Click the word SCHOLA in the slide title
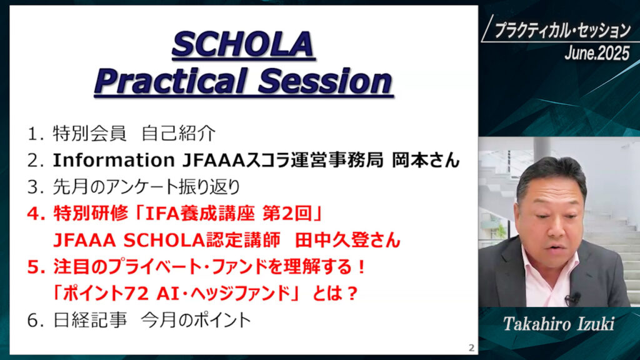[x=243, y=44]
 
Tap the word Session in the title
[x=325, y=81]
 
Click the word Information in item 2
[x=114, y=160]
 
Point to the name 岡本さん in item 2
[x=426, y=160]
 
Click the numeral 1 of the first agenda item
[x=32, y=134]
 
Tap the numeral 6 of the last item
[x=32, y=321]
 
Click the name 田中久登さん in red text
[x=347, y=240]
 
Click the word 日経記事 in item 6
[x=90, y=321]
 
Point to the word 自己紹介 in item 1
[x=179, y=134]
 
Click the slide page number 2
[x=471, y=347]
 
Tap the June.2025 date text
[x=597, y=53]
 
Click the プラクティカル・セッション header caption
[x=562, y=31]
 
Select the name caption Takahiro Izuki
[x=558, y=324]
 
